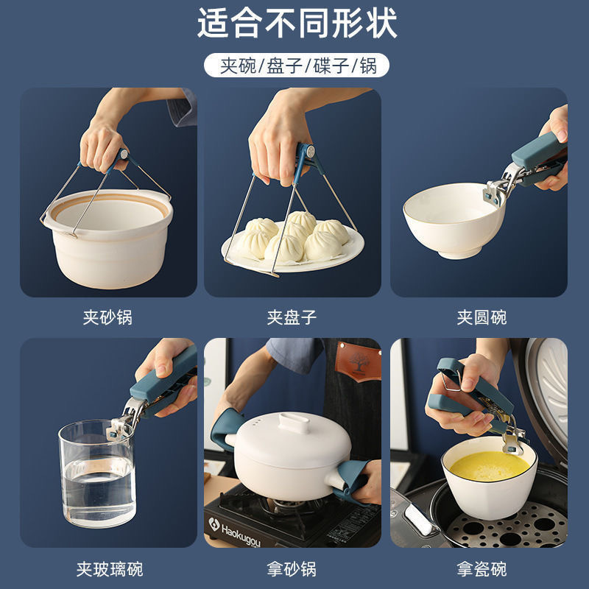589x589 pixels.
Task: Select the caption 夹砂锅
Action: coord(107,318)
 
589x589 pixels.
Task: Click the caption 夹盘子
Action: coord(292,318)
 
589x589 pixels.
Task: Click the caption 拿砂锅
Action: coord(292,568)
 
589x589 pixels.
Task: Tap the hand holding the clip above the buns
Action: coord(276,144)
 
